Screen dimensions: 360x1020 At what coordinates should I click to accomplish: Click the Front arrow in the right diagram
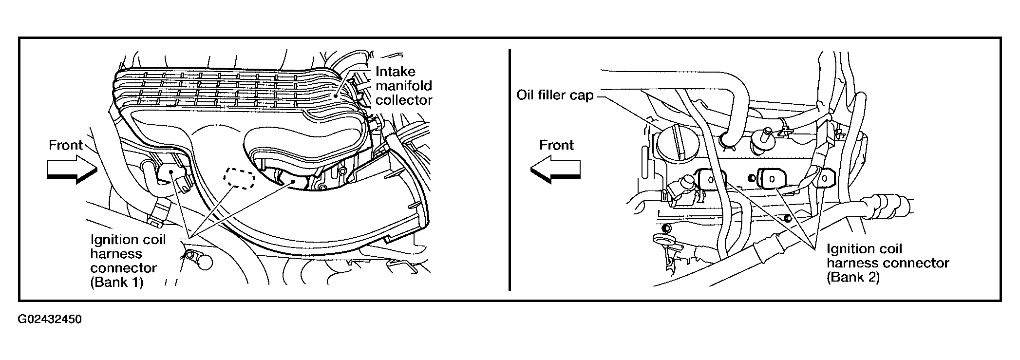pyautogui.click(x=555, y=169)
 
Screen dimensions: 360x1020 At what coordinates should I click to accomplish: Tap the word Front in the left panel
pyautogui.click(x=66, y=145)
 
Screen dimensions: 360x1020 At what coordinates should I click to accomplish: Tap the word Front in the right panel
pyautogui.click(x=556, y=145)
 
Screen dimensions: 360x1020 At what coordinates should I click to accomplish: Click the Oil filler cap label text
pyautogui.click(x=555, y=95)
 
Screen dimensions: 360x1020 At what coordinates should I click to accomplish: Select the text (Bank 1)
pyautogui.click(x=117, y=283)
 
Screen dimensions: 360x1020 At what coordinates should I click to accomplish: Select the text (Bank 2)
pyautogui.click(x=853, y=277)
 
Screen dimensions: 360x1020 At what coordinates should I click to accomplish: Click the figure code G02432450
pyautogui.click(x=50, y=320)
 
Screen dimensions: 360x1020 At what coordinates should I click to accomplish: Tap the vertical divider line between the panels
pyautogui.click(x=510, y=171)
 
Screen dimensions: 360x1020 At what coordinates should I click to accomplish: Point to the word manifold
pyautogui.click(x=404, y=86)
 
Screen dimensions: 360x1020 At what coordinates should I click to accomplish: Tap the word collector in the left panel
pyautogui.click(x=404, y=100)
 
